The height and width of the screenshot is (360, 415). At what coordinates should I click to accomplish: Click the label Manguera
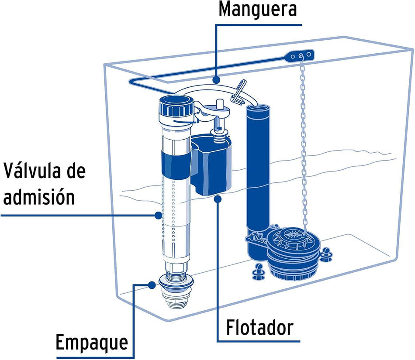tap(258, 10)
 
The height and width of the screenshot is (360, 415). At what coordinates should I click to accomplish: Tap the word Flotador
tap(259, 327)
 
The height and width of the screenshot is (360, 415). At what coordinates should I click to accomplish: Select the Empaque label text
tap(92, 343)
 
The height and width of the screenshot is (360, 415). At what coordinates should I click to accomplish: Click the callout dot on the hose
tap(217, 79)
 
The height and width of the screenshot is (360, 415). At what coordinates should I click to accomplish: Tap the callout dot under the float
tap(218, 199)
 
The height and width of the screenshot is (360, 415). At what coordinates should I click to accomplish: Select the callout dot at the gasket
tap(152, 285)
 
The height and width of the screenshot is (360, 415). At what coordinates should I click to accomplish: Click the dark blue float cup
tap(212, 165)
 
